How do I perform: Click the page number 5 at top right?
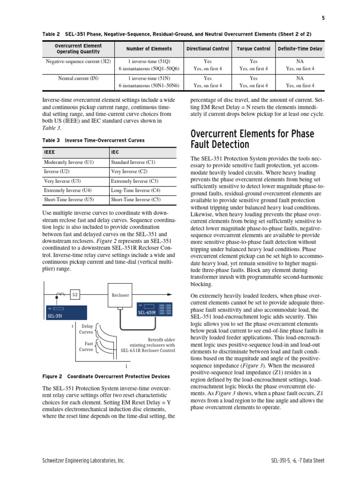[x=323, y=18]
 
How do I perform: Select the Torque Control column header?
[x=254, y=49]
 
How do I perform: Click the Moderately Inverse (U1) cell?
[x=69, y=162]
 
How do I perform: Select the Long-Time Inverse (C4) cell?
[x=135, y=190]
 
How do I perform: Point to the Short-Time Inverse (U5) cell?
[x=69, y=200]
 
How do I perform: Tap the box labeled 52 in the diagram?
[x=75, y=295]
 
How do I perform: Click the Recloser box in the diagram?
[x=120, y=295]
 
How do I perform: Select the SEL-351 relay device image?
[x=66, y=313]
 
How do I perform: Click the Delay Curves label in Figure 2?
[x=87, y=329]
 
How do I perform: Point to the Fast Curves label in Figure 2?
[x=86, y=346]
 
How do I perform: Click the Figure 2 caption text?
[x=106, y=376]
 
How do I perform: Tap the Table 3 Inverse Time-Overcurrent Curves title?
[x=93, y=140]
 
